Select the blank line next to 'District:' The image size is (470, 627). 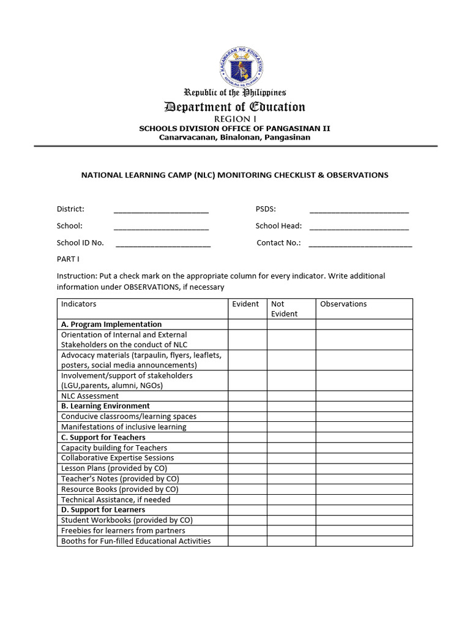161,210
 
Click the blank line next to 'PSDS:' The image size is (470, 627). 359,210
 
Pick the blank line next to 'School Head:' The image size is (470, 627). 359,227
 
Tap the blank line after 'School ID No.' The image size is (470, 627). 163,243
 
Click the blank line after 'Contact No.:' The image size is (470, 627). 360,243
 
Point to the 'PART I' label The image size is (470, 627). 68,259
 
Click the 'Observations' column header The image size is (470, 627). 343,304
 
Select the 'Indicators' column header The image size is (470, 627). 78,304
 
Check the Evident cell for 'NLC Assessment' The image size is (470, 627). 247,396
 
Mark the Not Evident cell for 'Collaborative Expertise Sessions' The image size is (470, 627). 291,458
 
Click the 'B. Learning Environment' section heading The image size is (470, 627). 105,406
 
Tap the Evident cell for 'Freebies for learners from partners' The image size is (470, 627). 247,531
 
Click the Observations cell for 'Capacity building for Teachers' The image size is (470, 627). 364,448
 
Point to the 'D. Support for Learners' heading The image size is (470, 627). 103,509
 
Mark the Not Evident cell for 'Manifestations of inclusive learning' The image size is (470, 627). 291,427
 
